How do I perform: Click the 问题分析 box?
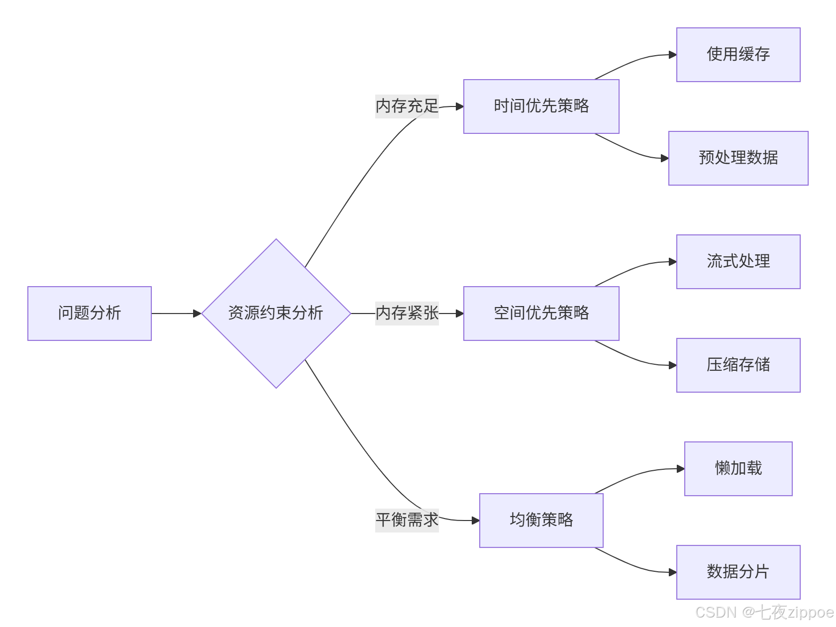click(90, 313)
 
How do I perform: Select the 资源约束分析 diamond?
click(276, 313)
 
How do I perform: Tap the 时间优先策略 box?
click(541, 106)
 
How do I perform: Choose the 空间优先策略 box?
click(541, 313)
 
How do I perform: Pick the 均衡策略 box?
click(541, 521)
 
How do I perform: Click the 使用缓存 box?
click(738, 55)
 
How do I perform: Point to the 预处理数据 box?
click(738, 158)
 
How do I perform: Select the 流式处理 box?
click(738, 262)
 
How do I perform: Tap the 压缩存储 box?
click(738, 365)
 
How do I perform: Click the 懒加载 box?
click(738, 469)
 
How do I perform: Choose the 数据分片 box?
click(738, 572)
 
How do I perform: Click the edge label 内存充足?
click(407, 106)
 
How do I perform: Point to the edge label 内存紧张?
click(407, 313)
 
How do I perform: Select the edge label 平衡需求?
click(407, 520)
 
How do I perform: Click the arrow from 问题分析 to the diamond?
click(177, 313)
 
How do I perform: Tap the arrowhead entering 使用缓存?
click(673, 55)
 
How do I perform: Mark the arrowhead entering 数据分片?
click(673, 572)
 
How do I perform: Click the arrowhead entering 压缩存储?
click(673, 365)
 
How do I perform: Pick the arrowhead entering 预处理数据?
click(665, 158)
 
